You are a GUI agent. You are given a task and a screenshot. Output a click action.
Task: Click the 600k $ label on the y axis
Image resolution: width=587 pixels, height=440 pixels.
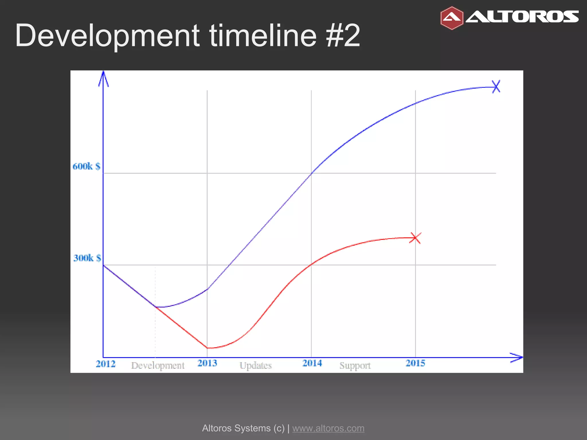coord(86,166)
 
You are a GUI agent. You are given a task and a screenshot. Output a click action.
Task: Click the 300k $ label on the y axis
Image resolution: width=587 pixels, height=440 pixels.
coord(87,258)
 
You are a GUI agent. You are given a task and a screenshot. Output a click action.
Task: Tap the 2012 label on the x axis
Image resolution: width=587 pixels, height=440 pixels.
coord(105,364)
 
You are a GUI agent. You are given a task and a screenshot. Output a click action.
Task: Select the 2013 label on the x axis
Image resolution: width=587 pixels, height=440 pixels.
coord(207,363)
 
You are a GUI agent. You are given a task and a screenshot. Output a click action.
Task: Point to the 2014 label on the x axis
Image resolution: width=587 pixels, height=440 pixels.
coord(312,363)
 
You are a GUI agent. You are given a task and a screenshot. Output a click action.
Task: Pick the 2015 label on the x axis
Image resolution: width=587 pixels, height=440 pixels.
coord(415,363)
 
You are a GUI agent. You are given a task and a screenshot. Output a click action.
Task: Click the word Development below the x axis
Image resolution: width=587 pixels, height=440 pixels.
coord(158,366)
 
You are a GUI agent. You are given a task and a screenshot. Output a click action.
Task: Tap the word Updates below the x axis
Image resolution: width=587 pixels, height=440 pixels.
coord(255,366)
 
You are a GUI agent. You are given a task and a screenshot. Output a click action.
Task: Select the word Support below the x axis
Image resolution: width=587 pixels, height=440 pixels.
coord(355,366)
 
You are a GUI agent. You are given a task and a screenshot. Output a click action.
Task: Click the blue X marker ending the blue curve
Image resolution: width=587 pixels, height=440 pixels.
coord(496,87)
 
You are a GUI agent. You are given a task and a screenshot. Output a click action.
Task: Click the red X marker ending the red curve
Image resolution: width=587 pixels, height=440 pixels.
coord(415,238)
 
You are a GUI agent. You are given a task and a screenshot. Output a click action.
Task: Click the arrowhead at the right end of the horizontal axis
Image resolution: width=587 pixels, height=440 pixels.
coord(517,357)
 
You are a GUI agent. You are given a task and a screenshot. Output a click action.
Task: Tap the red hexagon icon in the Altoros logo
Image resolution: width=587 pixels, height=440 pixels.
coord(452,18)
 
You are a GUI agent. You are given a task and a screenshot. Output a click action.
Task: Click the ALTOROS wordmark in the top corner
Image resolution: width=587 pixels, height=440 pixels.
coord(522,17)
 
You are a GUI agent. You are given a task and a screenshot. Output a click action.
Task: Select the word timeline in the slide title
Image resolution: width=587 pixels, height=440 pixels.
coord(263,36)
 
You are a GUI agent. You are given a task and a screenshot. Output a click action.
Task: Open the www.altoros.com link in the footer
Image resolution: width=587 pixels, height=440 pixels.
coord(328,428)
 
